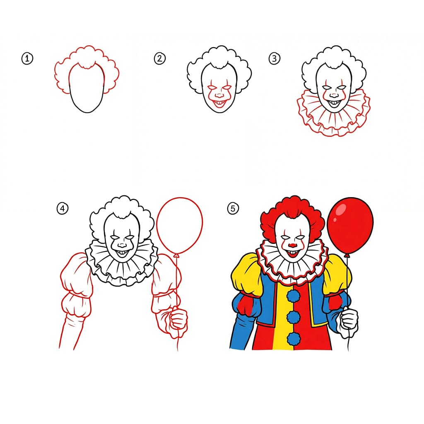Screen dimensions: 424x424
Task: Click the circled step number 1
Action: (x=27, y=59)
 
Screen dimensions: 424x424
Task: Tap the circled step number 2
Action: (x=159, y=58)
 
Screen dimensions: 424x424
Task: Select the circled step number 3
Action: (x=274, y=59)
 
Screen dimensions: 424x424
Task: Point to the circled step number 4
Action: (x=62, y=209)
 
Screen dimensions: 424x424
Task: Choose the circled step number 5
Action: (x=233, y=209)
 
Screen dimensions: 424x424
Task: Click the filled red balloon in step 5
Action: (x=350, y=226)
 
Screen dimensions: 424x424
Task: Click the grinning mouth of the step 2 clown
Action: (x=218, y=100)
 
